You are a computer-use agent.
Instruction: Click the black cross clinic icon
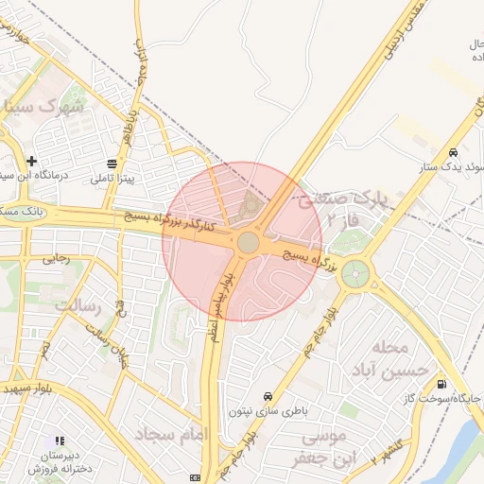coord(33,162)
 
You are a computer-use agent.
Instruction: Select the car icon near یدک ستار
coord(454,153)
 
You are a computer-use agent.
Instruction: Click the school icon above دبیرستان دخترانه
coord(59,441)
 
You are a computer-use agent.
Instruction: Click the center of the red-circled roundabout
coord(248,243)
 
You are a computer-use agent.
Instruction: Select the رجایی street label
coord(57,258)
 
